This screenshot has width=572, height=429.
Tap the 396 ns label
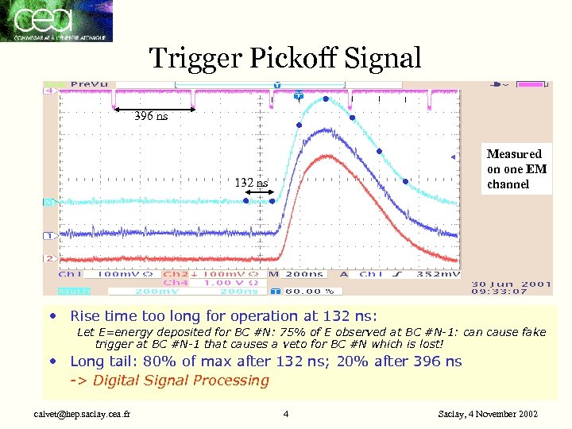[151, 116]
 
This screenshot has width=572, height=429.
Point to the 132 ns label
[251, 183]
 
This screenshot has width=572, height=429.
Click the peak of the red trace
[324, 157]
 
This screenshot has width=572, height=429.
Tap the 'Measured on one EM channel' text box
[516, 168]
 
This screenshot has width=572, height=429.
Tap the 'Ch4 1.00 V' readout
[199, 282]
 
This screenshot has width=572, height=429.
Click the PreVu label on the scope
[90, 84]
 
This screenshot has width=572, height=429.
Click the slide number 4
[286, 414]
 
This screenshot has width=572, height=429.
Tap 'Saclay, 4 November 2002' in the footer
[488, 414]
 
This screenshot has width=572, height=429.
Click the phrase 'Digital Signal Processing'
[181, 381]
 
